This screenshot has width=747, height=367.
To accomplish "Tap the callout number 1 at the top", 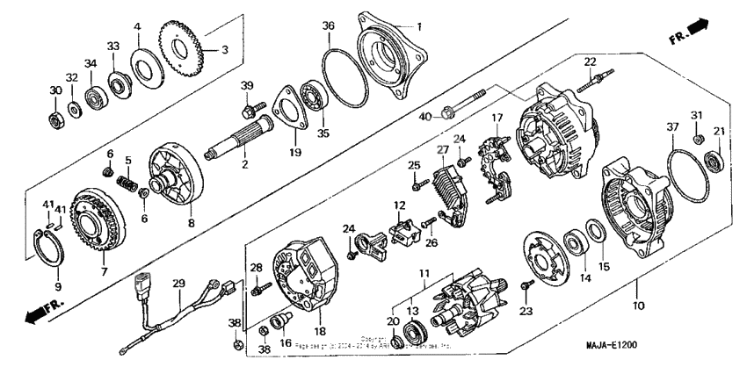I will click(419, 25).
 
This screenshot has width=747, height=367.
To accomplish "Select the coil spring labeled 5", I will click(129, 187).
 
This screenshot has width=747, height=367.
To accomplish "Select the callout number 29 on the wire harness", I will click(178, 283).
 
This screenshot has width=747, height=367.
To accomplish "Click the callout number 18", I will click(318, 330).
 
